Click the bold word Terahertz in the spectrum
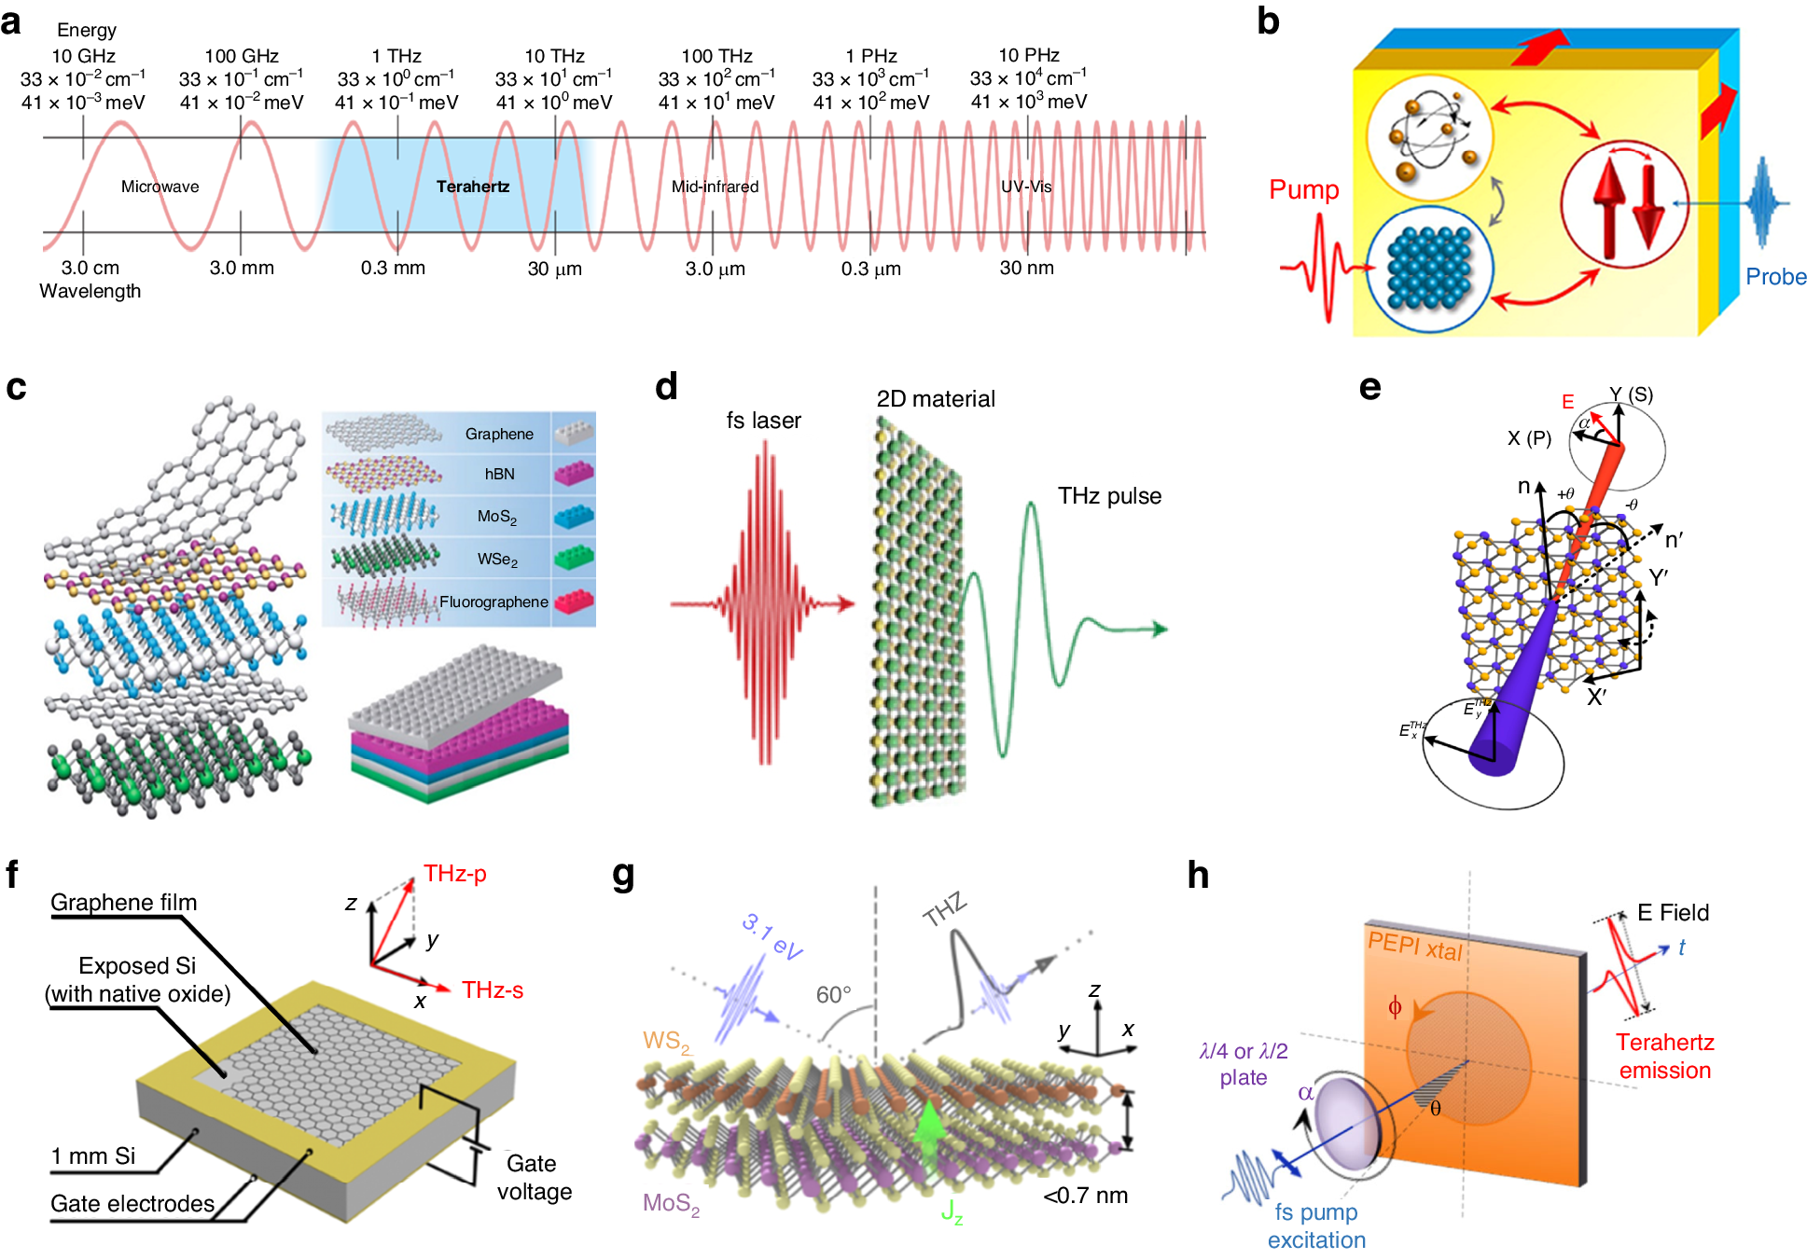(473, 187)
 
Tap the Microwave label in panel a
(160, 187)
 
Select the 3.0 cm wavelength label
(90, 268)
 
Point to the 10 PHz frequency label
(1028, 55)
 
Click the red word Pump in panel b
(1303, 190)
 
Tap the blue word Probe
(1775, 277)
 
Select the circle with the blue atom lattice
(1429, 269)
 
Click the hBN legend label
(499, 474)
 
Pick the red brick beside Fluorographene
(574, 601)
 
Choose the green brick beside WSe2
(574, 559)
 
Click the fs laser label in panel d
(763, 421)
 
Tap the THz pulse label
(1109, 496)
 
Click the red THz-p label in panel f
(454, 874)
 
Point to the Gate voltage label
(533, 1178)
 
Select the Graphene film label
(123, 903)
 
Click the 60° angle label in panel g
(833, 995)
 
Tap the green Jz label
(952, 1211)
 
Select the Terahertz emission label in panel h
(1664, 1056)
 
